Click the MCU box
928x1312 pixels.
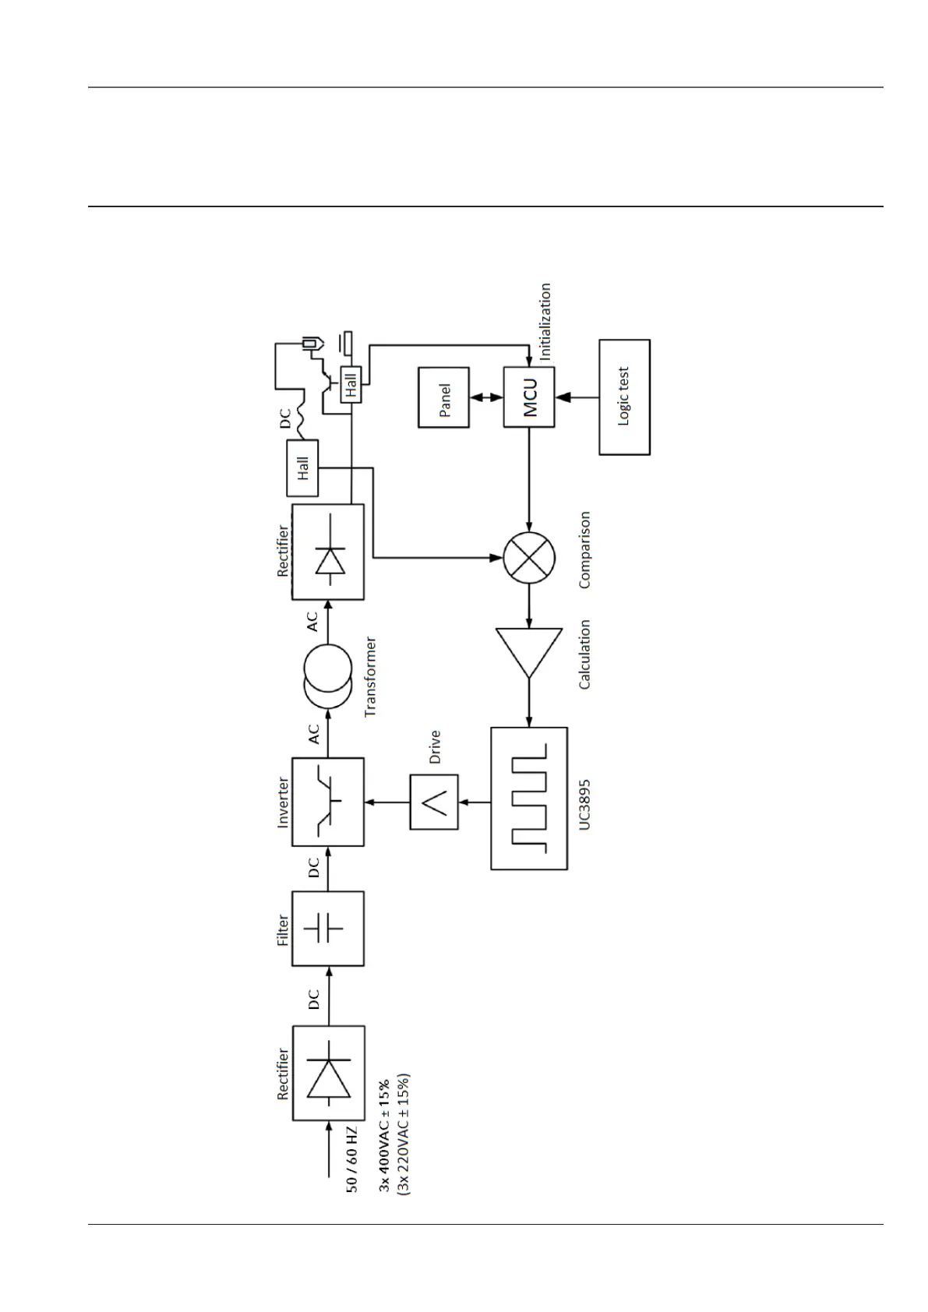[529, 397]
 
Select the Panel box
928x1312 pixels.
[444, 397]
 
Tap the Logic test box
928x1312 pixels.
[624, 397]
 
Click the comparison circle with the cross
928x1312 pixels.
[529, 558]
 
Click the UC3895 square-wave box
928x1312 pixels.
[529, 799]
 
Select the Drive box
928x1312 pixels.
[434, 802]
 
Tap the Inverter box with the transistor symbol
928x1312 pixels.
[327, 802]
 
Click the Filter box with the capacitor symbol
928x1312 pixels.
[327, 929]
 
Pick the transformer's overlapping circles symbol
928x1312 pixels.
[327, 677]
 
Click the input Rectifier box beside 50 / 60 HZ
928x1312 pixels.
[327, 1073]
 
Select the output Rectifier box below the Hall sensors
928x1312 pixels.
[327, 552]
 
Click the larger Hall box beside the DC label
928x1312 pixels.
[302, 467]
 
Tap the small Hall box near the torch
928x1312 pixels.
[351, 384]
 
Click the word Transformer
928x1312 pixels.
[370, 676]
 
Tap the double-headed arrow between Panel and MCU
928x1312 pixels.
[486, 397]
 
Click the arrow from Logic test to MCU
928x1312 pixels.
[577, 397]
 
